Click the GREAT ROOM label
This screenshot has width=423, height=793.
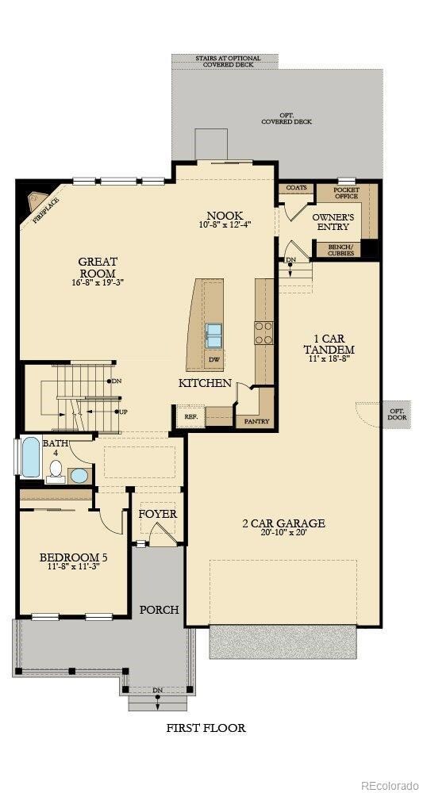click(x=97, y=267)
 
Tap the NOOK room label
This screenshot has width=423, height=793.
click(x=225, y=216)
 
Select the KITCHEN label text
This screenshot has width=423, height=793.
click(x=205, y=383)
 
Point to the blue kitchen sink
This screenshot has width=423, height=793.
click(x=214, y=335)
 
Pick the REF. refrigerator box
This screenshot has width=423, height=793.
click(x=191, y=416)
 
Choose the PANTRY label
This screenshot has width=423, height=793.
click(x=255, y=421)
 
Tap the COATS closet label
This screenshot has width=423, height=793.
click(x=296, y=188)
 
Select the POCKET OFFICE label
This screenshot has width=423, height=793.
click(x=346, y=193)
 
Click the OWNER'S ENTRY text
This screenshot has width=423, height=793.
click(x=333, y=221)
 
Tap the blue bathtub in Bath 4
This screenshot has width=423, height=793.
click(x=30, y=458)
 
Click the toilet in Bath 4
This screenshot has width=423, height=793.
click(x=56, y=470)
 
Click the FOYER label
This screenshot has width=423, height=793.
click(x=157, y=514)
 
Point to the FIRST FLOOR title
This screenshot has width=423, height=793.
click(x=206, y=727)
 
